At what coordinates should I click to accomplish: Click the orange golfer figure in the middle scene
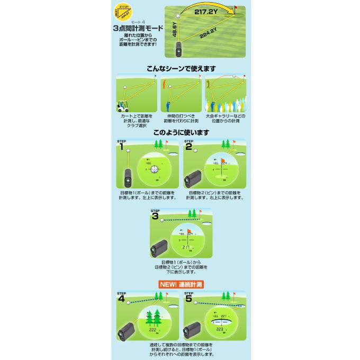(x=165, y=85)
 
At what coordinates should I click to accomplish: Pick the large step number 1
(x=121, y=148)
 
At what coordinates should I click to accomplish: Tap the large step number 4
(x=121, y=299)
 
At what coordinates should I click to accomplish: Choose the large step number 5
(x=188, y=299)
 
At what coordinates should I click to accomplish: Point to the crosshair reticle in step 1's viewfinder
(x=154, y=169)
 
